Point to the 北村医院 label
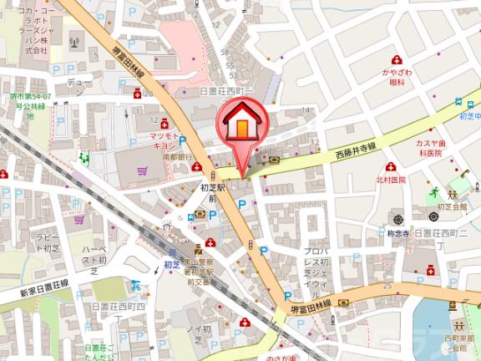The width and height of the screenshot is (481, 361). tap(390, 180)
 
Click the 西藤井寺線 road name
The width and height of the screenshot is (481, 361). tap(357, 149)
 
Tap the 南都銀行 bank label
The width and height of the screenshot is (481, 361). tap(177, 156)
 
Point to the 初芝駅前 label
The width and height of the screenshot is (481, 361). tap(213, 194)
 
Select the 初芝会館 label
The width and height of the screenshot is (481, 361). tap(444, 203)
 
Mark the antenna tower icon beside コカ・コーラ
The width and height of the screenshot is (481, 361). tap(74, 41)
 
